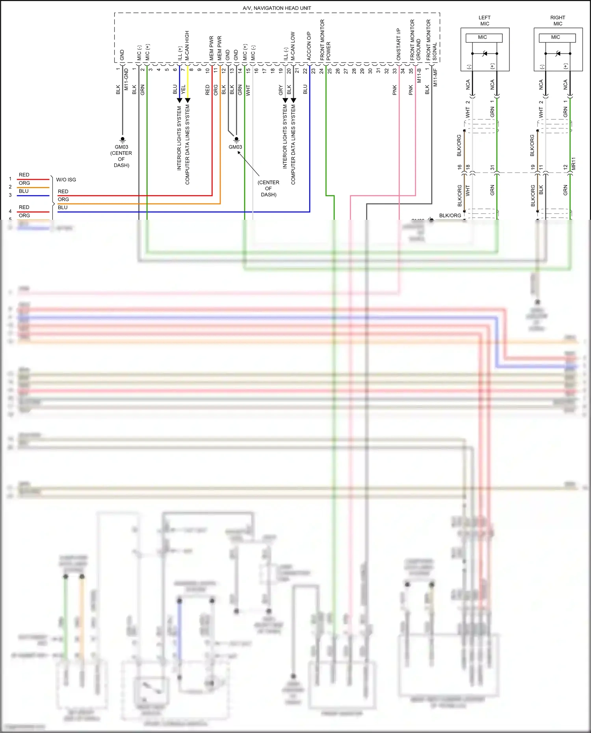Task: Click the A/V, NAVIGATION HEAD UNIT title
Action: (277, 8)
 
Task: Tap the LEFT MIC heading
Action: (485, 20)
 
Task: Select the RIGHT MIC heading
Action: (558, 20)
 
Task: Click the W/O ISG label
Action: (66, 180)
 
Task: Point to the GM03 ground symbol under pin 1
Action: (123, 139)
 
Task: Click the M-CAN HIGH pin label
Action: (187, 45)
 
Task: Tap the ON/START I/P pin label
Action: (398, 44)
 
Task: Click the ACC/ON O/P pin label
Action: (309, 46)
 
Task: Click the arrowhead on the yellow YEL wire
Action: (188, 100)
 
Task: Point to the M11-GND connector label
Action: (126, 79)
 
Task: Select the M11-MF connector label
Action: (435, 77)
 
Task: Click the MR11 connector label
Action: (573, 163)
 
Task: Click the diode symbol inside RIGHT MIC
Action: (558, 53)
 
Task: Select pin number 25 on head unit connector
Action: (329, 71)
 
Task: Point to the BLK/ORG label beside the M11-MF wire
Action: (450, 215)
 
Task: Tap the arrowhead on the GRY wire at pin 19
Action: (285, 100)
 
